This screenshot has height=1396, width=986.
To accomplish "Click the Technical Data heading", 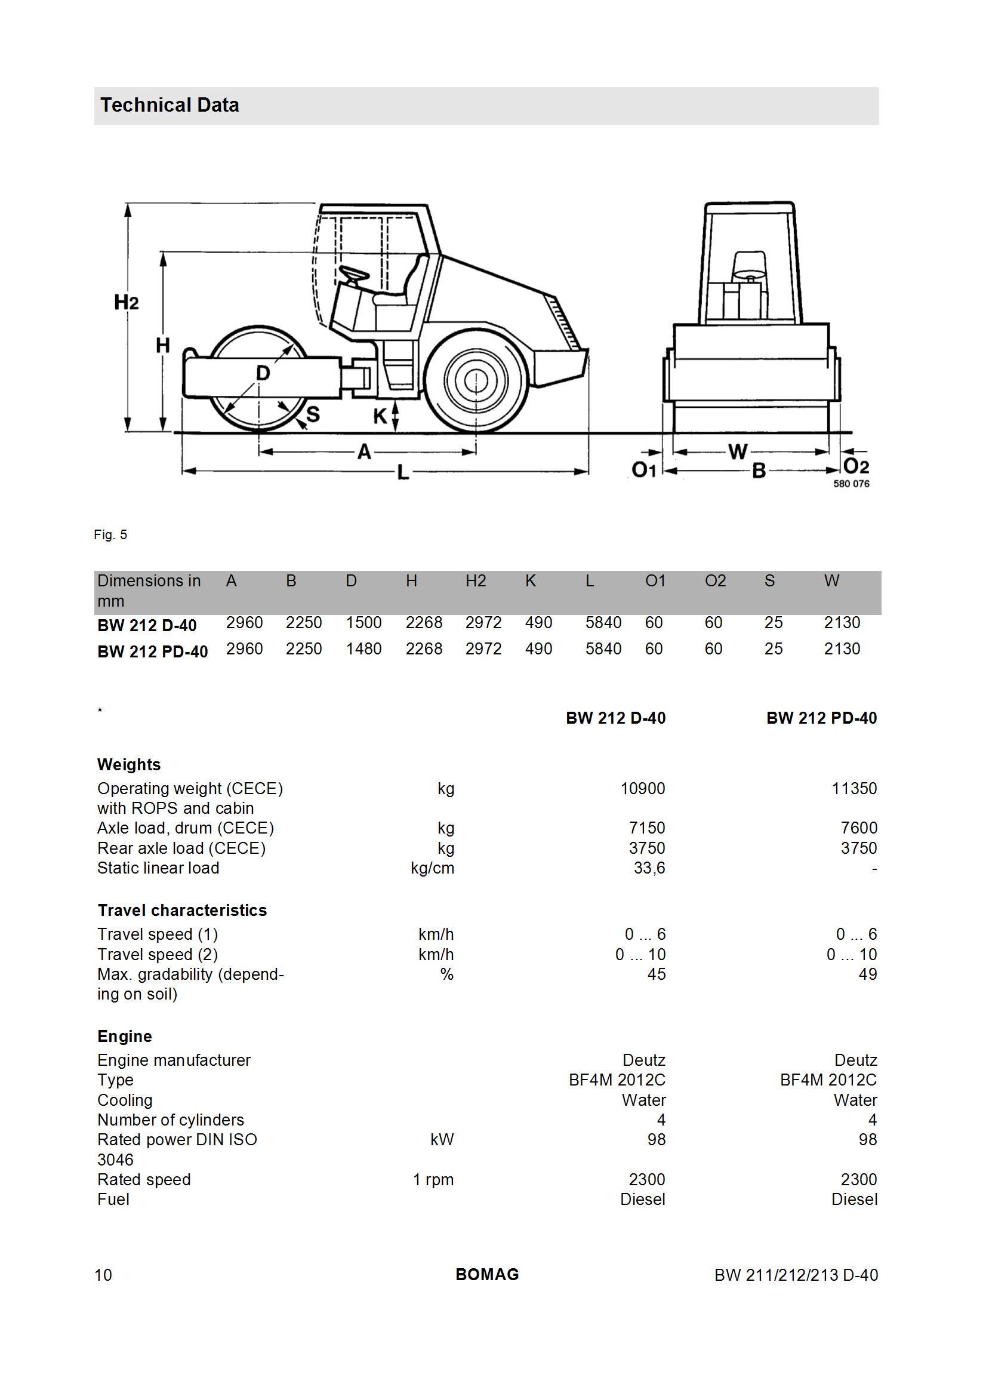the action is click(x=170, y=105).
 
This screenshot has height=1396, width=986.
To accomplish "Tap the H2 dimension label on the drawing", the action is click(x=127, y=302).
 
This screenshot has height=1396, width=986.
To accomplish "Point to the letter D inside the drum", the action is click(x=263, y=372).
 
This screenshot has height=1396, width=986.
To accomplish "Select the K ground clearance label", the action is click(x=380, y=417).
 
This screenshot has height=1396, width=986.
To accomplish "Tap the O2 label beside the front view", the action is click(x=856, y=466).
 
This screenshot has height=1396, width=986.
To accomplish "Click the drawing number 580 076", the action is click(x=851, y=484).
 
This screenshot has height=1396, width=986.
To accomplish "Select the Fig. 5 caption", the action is click(x=110, y=534).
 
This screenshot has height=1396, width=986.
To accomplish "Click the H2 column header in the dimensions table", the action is click(x=475, y=581).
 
